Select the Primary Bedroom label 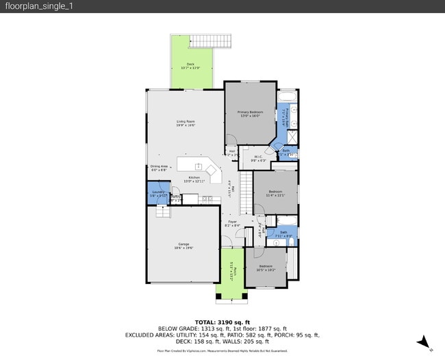(251, 113)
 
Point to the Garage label (183, 246)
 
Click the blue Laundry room (157, 194)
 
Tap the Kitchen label (194, 179)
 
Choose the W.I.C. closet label (258, 158)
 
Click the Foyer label (232, 222)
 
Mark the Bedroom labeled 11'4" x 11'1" (276, 192)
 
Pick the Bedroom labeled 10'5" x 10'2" (265, 268)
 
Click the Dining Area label (159, 168)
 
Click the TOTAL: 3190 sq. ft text (222, 322)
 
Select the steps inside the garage (162, 213)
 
